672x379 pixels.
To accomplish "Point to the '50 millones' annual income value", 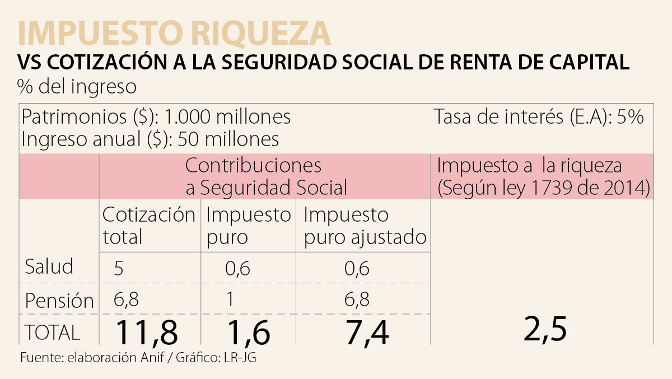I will click(228, 138).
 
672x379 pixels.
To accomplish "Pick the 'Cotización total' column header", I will click(149, 225).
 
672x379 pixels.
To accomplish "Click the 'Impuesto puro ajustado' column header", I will click(365, 225).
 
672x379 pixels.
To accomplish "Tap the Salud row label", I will click(49, 266).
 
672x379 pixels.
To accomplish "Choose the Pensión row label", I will click(59, 301).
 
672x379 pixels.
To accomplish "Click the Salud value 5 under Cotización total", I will click(119, 269).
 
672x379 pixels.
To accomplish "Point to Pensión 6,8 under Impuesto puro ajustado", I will click(356, 300).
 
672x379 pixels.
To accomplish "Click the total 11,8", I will click(147, 333).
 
